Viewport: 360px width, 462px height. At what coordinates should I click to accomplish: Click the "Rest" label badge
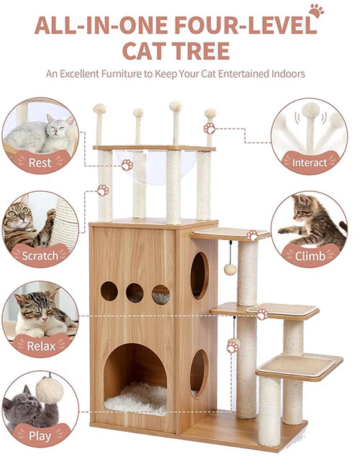pos(40,161)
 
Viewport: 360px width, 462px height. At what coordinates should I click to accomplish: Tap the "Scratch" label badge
pos(40,255)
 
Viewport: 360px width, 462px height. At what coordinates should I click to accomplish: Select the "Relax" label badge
pos(41,346)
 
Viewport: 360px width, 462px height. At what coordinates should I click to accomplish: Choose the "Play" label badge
pos(40,435)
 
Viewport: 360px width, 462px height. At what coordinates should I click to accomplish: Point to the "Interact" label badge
pos(310,162)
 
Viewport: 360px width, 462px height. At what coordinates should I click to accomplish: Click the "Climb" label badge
pos(310,256)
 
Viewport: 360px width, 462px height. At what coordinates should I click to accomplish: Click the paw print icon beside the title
pos(316,11)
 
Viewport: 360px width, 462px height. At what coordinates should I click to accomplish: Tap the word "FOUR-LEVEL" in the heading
pos(246,25)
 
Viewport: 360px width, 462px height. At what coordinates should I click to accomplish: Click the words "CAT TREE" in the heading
pos(176,50)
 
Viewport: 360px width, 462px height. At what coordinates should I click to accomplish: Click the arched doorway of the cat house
pos(135,379)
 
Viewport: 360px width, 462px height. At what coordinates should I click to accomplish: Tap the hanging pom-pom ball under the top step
pos(230,269)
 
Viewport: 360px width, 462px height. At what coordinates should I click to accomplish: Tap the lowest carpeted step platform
pos(299,366)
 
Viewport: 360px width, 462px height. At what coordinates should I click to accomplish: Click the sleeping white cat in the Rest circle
pos(40,134)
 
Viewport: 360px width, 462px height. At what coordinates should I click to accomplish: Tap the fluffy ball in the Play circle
pos(49,390)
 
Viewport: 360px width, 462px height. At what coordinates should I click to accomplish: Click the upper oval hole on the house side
pos(199,275)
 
